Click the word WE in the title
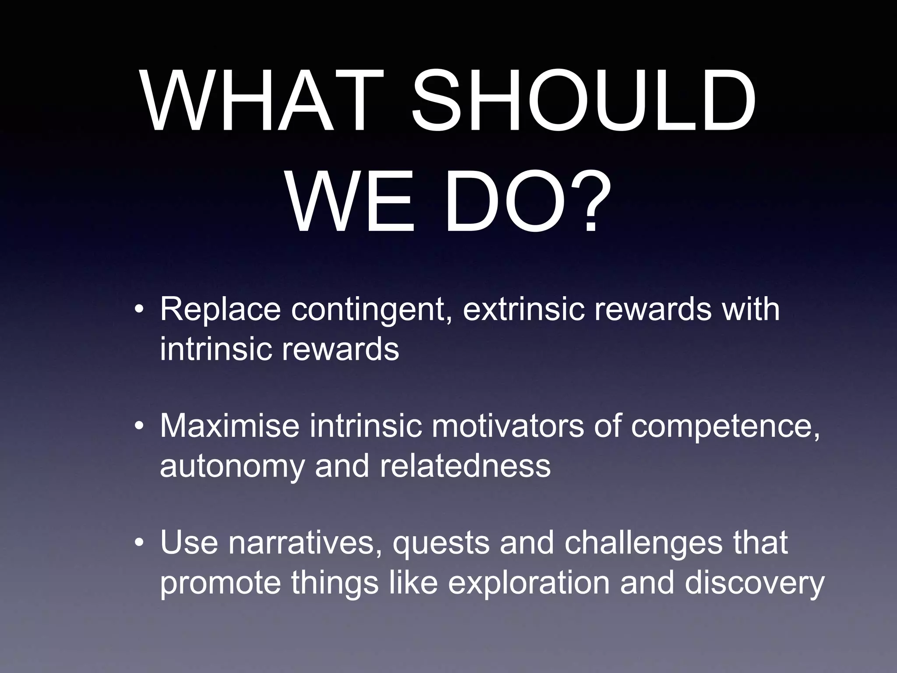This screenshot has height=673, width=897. pos(350,202)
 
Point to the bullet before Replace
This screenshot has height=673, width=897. pos(139,310)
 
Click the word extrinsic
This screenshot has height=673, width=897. pos(523,309)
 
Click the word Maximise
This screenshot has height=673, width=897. pos(230,426)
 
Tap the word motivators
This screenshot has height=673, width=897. pos(508,426)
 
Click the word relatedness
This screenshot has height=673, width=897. pos(465,465)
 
